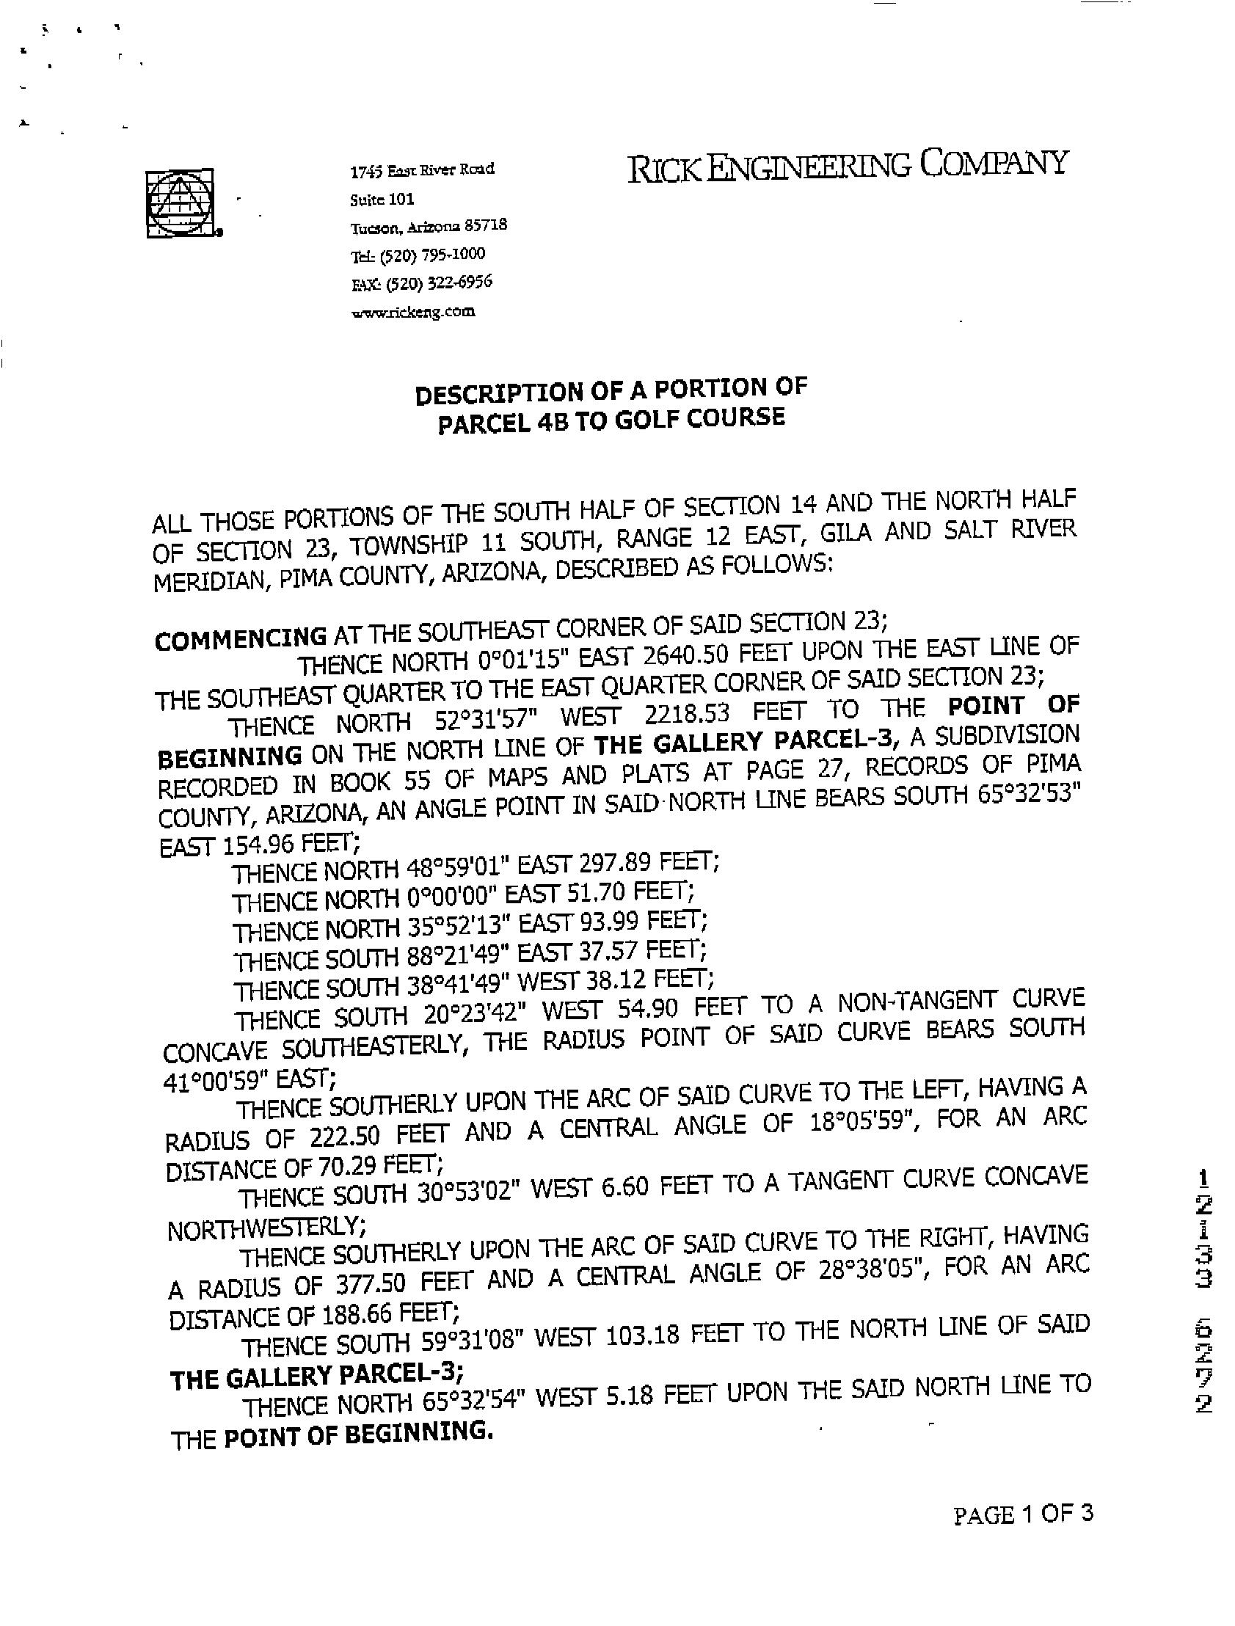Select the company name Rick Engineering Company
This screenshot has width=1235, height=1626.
pyautogui.click(x=846, y=165)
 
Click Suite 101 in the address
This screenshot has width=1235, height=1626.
pyautogui.click(x=382, y=199)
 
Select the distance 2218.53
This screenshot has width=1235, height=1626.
pyautogui.click(x=707, y=713)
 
